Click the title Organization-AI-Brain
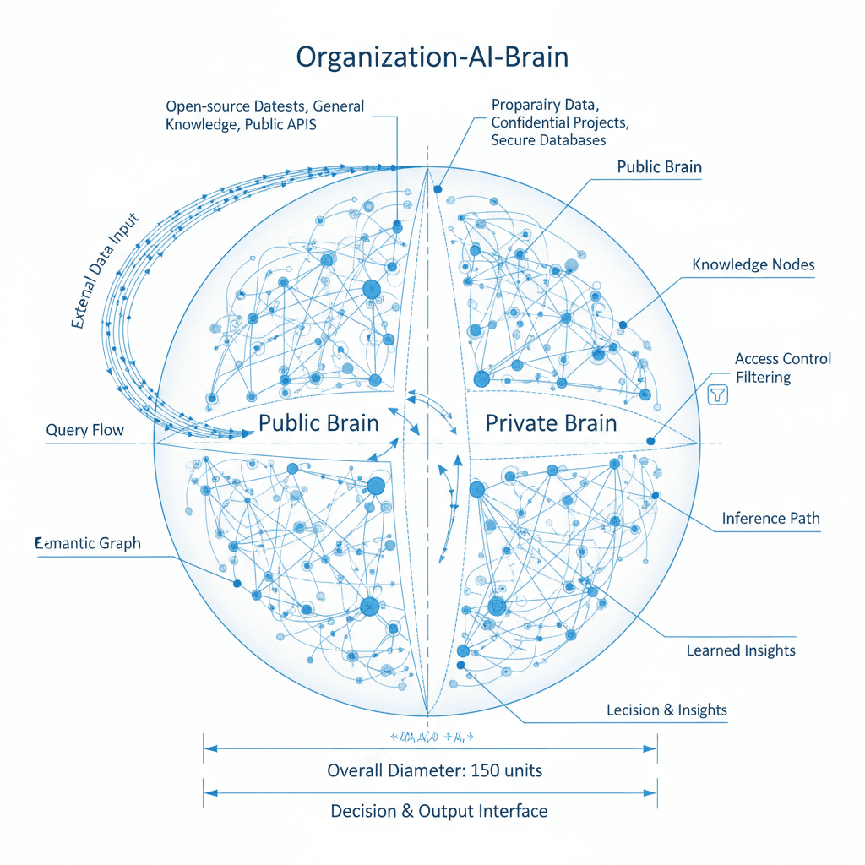[432, 57]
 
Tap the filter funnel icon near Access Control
[717, 394]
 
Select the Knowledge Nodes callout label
[753, 265]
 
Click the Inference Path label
[770, 518]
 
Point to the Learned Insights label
[740, 650]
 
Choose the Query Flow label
[84, 431]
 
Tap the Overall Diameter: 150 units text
[434, 770]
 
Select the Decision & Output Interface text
[438, 811]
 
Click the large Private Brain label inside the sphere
[551, 422]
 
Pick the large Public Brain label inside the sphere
[318, 422]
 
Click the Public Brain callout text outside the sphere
[659, 166]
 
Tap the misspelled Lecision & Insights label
[666, 710]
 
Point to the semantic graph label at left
[87, 544]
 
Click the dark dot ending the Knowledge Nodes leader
[623, 324]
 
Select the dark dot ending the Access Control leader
[650, 440]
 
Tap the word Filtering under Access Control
[763, 377]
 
